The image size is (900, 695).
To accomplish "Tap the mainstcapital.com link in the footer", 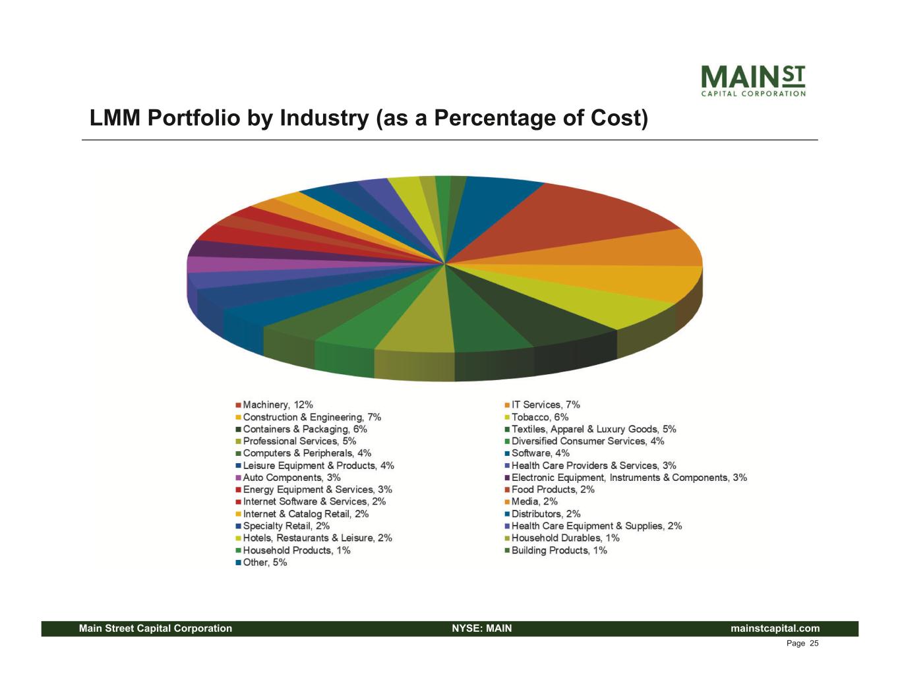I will (775, 628).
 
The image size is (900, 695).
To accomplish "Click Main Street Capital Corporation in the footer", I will (156, 628).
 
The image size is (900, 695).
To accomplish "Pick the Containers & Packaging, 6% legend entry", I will (305, 429).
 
